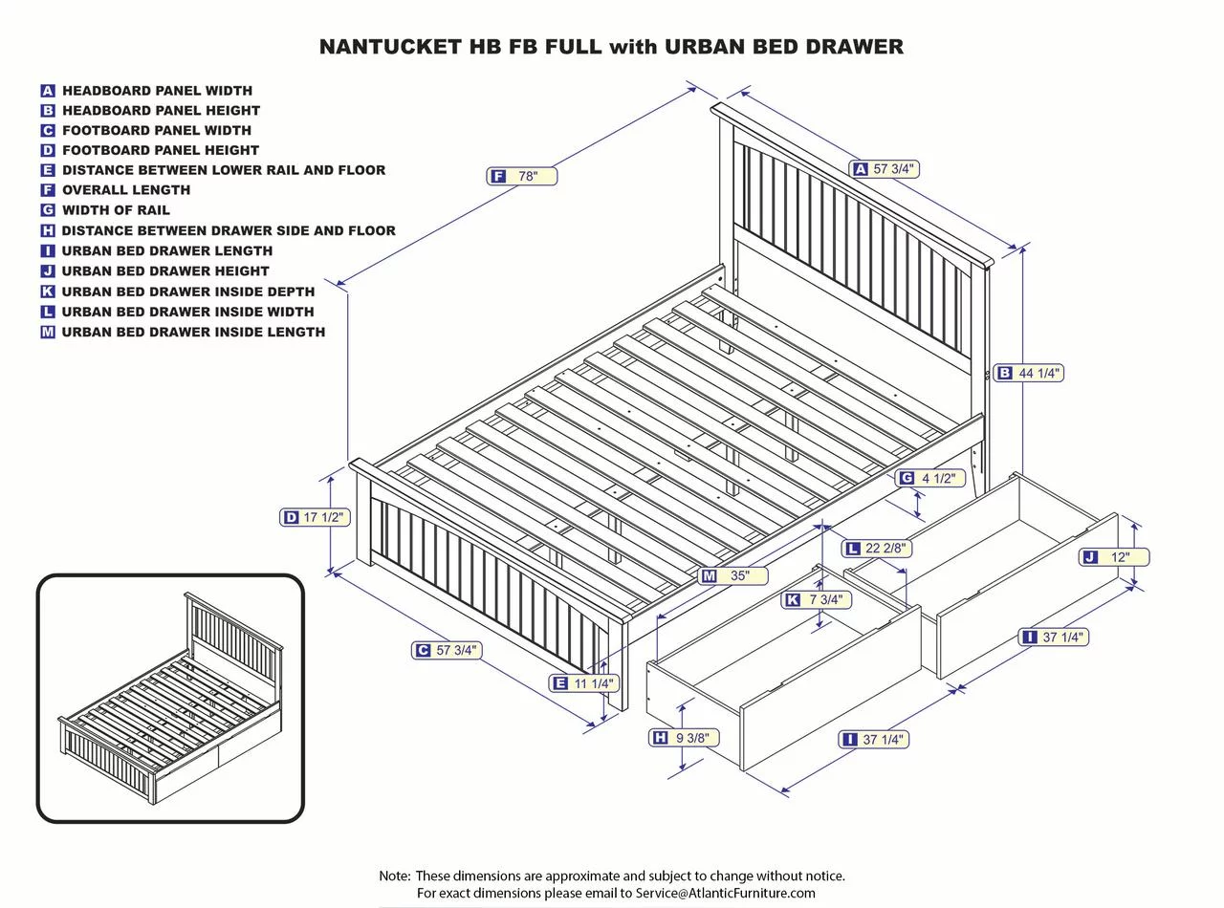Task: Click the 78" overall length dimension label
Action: point(522,176)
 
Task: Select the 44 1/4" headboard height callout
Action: point(1029,373)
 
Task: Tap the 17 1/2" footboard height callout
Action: point(315,517)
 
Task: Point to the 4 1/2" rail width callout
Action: point(929,478)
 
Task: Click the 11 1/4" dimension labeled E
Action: point(584,683)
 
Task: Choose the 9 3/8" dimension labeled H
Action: point(684,738)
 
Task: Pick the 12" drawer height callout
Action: point(1114,557)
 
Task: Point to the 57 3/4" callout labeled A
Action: point(884,169)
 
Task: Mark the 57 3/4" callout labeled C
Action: point(446,650)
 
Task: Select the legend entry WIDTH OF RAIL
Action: point(116,210)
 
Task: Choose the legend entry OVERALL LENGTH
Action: point(126,190)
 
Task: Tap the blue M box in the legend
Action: point(48,333)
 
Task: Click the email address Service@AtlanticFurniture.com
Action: point(725,893)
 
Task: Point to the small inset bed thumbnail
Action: point(170,698)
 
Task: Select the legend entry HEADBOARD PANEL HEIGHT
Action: point(161,111)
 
